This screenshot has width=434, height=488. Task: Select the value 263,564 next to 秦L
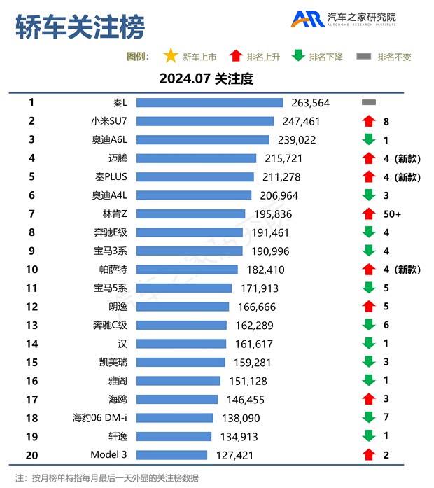click(310, 103)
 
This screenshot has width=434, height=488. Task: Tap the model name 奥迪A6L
click(110, 139)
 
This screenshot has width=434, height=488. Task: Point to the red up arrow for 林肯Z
click(369, 214)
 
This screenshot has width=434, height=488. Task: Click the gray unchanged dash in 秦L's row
click(369, 102)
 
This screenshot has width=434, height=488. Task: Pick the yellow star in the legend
click(170, 56)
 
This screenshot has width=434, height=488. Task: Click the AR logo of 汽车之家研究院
click(307, 20)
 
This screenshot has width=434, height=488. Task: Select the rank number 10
click(31, 269)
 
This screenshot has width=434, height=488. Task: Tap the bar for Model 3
click(171, 454)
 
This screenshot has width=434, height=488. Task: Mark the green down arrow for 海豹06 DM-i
click(369, 417)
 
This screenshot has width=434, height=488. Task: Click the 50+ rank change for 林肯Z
click(392, 214)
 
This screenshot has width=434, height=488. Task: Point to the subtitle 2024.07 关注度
click(206, 78)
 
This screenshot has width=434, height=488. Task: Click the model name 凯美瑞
click(113, 362)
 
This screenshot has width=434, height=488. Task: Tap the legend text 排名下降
click(325, 57)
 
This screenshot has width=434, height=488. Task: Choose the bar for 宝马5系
click(184, 288)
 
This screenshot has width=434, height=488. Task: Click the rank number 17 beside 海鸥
click(31, 399)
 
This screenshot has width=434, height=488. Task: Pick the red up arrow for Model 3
click(369, 454)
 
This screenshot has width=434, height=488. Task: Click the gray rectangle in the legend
click(364, 57)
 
